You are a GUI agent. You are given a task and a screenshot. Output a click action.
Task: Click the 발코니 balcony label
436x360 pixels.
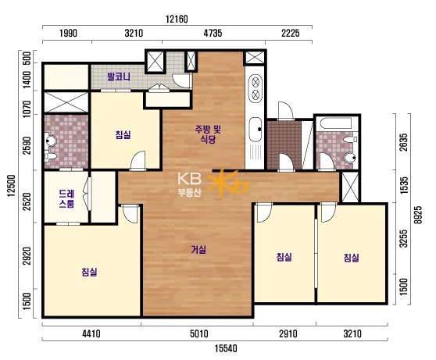click(119, 77)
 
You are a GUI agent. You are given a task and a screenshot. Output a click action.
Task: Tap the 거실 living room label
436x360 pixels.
click(198, 250)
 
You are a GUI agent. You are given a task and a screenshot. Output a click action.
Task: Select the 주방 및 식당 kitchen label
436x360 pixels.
click(209, 134)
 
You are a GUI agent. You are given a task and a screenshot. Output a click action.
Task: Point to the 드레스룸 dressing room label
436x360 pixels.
click(66, 198)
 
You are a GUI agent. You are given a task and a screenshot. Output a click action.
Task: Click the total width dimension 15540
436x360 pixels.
click(226, 348)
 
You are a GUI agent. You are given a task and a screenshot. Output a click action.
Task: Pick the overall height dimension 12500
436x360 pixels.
click(12, 185)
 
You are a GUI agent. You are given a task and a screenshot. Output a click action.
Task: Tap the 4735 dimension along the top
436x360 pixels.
click(213, 33)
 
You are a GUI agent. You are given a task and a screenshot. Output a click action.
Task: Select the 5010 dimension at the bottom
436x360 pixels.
click(198, 333)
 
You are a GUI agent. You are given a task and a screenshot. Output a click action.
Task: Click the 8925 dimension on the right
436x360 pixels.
click(418, 215)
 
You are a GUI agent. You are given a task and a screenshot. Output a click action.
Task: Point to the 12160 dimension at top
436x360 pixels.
click(177, 20)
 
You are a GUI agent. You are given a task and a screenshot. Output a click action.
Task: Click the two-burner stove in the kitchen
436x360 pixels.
click(256, 88)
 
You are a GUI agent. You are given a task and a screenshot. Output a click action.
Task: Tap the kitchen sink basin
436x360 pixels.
click(256, 129)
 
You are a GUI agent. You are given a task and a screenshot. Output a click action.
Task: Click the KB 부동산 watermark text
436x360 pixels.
click(190, 184)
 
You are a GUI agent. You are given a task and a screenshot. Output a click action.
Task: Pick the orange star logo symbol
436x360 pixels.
click(227, 183)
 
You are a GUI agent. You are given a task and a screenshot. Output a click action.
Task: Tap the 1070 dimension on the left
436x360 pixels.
click(27, 109)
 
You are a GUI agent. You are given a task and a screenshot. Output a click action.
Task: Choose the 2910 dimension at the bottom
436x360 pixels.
click(288, 333)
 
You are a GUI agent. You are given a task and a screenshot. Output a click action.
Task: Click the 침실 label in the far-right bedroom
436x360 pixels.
click(352, 258)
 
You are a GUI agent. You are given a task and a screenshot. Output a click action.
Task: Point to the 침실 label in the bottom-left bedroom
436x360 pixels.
click(90, 272)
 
